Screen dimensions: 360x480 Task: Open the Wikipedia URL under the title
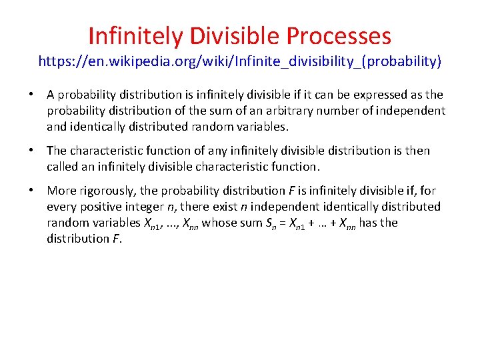coord(240,62)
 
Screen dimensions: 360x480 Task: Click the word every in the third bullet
coord(62,207)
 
